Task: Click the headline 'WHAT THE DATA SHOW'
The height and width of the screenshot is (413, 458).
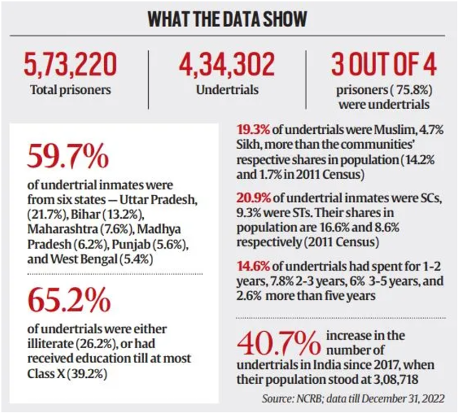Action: point(229,19)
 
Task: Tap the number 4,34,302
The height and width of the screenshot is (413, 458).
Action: point(226,65)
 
